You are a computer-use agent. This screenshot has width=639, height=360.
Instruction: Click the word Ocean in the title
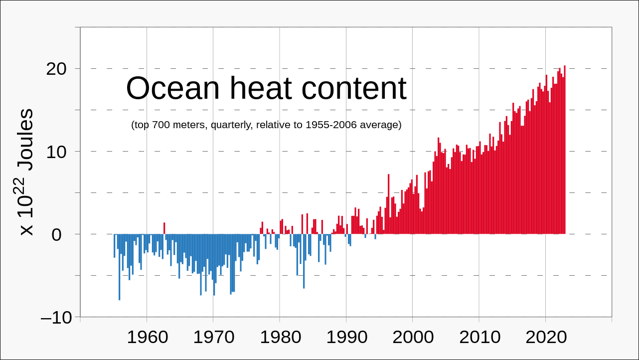click(172, 89)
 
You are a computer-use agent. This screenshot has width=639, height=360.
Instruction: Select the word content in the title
click(354, 89)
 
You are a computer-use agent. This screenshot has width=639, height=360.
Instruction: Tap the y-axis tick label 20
click(56, 69)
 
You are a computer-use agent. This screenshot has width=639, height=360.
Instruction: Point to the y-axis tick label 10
click(56, 152)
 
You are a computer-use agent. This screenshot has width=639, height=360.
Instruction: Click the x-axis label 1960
click(147, 337)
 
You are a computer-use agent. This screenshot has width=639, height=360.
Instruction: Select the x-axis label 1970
click(213, 337)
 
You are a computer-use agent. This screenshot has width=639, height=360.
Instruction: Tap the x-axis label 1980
click(280, 337)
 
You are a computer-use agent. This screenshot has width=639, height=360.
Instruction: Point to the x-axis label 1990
click(346, 337)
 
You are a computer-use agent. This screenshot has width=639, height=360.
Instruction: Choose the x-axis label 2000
click(413, 337)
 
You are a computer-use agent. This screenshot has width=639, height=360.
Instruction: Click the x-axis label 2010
click(479, 337)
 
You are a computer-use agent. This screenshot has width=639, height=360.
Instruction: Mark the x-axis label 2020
click(546, 337)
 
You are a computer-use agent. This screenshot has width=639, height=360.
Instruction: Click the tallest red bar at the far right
click(565, 150)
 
